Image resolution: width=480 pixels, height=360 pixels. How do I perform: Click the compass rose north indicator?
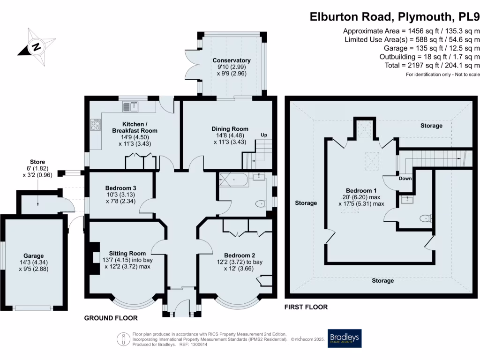click(x=35, y=46)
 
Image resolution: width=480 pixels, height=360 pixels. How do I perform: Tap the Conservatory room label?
click(x=232, y=60)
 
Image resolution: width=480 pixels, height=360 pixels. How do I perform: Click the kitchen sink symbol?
click(x=131, y=107)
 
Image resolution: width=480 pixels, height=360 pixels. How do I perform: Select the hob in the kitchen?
click(x=95, y=125)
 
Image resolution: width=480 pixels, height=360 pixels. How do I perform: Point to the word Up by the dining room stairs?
click(x=264, y=135)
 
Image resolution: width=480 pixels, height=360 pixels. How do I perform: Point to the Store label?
click(x=36, y=162)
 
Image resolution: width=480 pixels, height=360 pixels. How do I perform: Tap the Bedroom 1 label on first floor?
click(x=361, y=190)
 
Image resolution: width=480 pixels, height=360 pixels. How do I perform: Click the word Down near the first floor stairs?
click(x=405, y=179)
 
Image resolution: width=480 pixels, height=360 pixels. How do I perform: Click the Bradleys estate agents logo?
click(x=345, y=338)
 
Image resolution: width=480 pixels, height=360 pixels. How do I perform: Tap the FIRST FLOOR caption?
click(x=306, y=307)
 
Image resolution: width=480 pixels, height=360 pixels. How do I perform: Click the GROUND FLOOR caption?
click(x=111, y=318)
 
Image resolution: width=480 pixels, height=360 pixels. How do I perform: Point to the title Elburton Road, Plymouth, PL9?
click(x=395, y=17)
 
